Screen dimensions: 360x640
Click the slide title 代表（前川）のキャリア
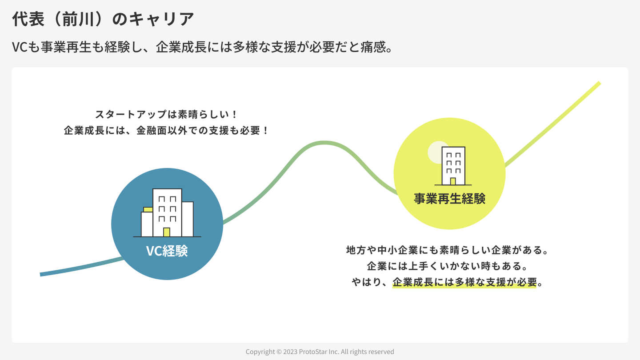click(103, 19)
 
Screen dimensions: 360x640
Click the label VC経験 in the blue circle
click(167, 251)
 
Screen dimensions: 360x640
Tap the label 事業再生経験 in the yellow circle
click(449, 198)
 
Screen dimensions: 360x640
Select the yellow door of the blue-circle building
click(167, 232)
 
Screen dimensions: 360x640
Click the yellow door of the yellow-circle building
click(453, 181)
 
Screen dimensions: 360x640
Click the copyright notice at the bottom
click(320, 352)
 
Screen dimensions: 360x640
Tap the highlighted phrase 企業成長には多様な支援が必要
click(464, 282)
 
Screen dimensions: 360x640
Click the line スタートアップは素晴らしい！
click(167, 114)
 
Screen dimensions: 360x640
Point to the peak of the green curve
click(324, 143)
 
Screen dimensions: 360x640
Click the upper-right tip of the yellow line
click(599, 83)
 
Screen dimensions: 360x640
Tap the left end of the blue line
click(42, 274)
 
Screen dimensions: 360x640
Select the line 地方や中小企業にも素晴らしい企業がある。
click(447, 250)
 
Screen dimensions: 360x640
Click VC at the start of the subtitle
click(20, 47)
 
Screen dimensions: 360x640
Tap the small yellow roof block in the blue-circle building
click(148, 209)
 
